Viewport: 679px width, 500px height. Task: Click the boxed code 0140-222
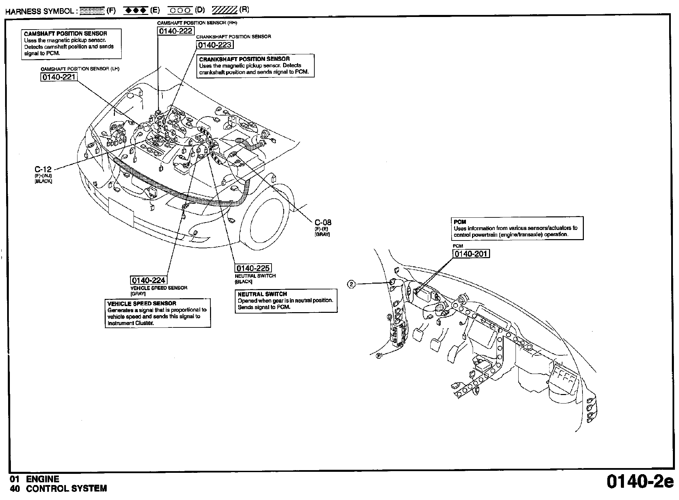coord(176,31)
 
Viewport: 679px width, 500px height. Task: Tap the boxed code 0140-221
coord(58,77)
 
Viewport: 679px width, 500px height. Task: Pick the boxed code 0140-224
coord(149,280)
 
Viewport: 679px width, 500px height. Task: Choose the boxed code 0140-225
coord(253,268)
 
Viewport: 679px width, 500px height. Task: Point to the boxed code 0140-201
coord(471,254)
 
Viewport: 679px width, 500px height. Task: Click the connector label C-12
coord(43,169)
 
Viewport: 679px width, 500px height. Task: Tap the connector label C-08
coord(323,222)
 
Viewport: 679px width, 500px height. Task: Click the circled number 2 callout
coord(351,284)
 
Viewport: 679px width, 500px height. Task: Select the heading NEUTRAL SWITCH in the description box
coord(262,294)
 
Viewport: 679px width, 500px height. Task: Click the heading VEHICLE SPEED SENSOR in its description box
coord(142,303)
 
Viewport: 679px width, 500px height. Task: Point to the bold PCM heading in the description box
coord(460,222)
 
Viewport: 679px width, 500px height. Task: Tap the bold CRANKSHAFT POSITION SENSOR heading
coord(244,59)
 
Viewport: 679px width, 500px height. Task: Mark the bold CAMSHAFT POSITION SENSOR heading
coord(66,34)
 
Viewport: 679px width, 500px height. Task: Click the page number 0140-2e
coord(640,482)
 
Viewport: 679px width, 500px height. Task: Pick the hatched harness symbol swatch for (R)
coord(224,11)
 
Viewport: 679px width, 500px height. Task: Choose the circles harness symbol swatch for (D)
coord(180,11)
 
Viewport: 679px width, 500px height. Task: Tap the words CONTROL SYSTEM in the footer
coord(67,488)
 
